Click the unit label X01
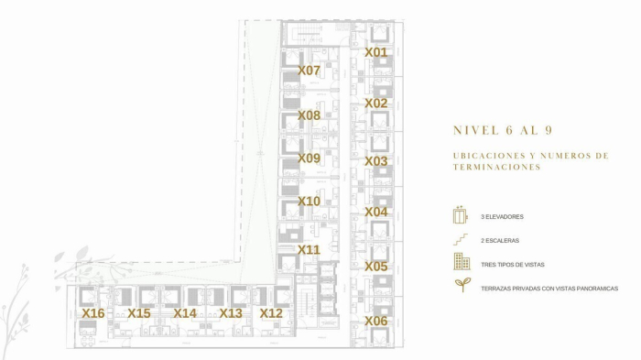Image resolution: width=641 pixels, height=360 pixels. coord(375,52)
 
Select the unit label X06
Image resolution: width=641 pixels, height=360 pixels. coord(375,321)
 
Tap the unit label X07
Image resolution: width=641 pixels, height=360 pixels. coord(309,70)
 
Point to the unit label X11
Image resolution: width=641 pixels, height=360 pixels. coord(309,249)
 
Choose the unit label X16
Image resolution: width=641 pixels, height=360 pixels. coord(92,313)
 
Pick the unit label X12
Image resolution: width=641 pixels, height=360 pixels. coord(271,313)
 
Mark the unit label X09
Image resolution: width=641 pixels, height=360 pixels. coord(309,158)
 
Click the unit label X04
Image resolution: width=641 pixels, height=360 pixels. coord(375,212)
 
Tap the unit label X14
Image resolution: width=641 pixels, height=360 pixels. coord(185,313)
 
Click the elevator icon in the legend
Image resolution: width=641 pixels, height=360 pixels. coord(461,216)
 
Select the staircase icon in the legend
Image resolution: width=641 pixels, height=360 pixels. coord(461,240)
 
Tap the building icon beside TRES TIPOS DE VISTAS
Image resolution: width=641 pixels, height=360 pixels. coord(462,264)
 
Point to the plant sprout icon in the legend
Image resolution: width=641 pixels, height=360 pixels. coord(462,286)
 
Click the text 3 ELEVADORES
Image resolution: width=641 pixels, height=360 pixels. coord(502,217)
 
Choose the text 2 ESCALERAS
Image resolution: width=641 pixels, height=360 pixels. coord(500,241)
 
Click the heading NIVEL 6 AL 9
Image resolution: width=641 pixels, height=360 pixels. coord(503,130)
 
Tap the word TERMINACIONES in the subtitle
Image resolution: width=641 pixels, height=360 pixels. coord(496,168)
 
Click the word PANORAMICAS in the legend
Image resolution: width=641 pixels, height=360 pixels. coord(592,289)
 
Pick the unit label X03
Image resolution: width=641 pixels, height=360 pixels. coord(375,160)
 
